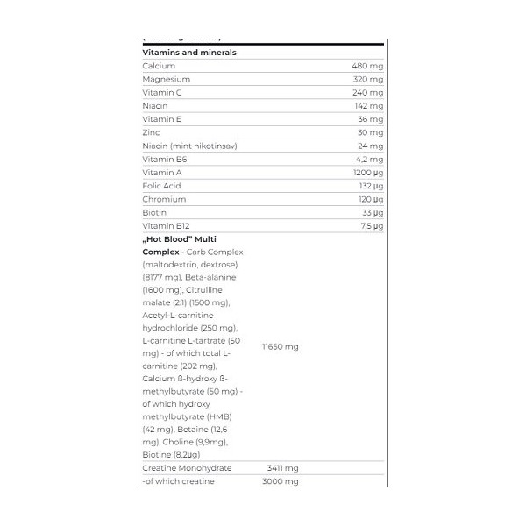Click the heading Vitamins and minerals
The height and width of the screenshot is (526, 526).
point(189,53)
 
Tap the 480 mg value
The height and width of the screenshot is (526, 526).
point(366,66)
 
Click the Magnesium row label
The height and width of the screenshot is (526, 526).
point(166,79)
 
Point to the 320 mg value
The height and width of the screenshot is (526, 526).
point(366,79)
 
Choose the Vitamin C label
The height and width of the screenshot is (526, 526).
point(162,92)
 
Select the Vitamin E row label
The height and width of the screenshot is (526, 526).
point(161,119)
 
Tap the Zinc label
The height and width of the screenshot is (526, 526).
point(151,132)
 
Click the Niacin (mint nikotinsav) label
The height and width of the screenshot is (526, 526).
point(189,146)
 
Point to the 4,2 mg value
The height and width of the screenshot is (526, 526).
point(369,160)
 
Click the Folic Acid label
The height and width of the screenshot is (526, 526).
point(161,186)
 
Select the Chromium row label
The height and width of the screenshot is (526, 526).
point(164,199)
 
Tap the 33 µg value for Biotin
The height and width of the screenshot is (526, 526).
point(371,213)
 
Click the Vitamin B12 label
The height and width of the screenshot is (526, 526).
point(166,226)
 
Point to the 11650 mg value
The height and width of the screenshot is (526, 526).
point(281,346)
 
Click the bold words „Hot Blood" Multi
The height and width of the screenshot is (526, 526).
point(180,239)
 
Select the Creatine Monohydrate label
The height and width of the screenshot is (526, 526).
point(187,468)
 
